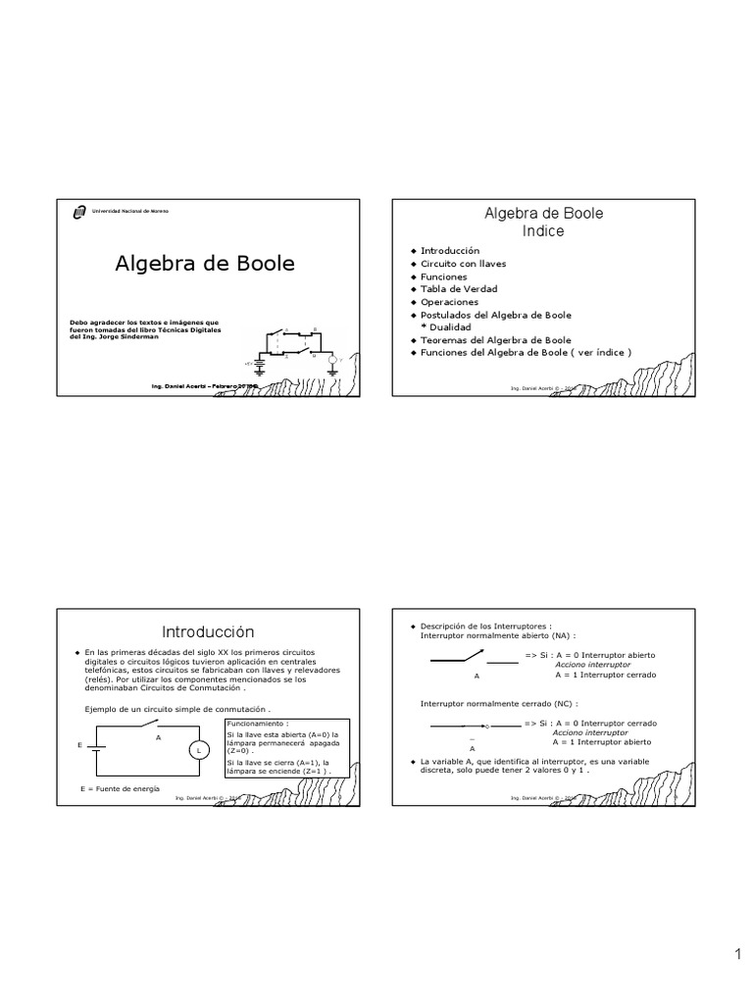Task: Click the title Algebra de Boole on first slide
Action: click(205, 264)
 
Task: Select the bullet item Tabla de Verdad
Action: click(459, 289)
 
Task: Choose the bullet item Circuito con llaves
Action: click(463, 264)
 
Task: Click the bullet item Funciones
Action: click(444, 276)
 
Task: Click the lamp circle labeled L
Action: click(199, 750)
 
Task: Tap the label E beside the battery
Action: click(79, 746)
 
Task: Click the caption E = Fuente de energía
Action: click(120, 788)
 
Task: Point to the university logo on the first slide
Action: click(79, 211)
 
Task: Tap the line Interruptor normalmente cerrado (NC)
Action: click(498, 703)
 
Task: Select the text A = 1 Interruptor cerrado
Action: click(605, 675)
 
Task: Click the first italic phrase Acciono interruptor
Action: click(592, 665)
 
